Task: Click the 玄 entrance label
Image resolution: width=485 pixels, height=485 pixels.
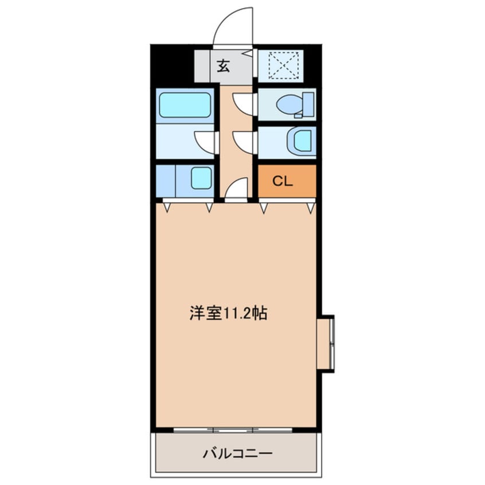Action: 223,65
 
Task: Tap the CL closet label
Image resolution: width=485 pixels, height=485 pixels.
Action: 283,182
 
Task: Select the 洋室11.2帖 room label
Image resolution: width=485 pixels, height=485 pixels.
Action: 228,314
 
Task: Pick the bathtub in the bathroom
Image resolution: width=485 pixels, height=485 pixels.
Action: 185,104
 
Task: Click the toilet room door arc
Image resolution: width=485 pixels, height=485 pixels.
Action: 244,104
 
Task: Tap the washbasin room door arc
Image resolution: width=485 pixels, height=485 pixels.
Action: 244,141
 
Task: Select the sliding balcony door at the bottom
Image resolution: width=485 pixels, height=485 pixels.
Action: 234,430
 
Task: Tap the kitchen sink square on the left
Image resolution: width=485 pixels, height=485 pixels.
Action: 200,178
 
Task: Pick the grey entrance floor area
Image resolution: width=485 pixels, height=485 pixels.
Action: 224,67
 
